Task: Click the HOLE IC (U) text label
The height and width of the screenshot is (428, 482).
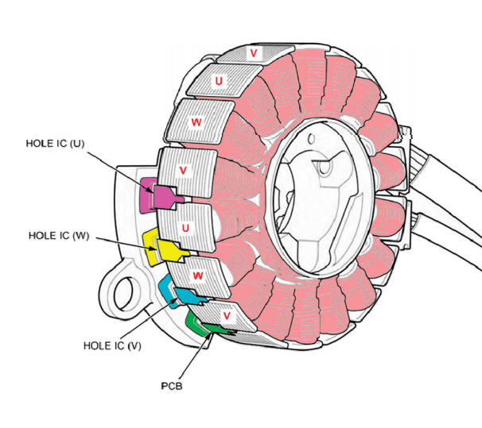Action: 55,144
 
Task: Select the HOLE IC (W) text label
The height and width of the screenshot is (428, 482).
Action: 59,236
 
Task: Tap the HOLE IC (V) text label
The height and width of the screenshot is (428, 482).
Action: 112,345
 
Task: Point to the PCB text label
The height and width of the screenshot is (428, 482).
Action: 172,386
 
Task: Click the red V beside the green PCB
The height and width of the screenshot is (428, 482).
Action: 227,315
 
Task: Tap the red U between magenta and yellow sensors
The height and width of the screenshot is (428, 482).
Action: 185,228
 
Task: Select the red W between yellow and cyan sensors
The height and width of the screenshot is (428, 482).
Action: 198,276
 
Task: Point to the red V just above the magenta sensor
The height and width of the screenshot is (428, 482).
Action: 183,170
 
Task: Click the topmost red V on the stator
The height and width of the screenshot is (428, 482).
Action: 253,53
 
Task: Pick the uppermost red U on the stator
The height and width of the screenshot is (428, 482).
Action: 219,81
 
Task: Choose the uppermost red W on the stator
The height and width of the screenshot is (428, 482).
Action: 196,122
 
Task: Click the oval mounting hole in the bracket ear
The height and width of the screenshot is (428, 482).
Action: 123,293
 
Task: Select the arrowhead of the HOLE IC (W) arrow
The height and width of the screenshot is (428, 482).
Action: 154,249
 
